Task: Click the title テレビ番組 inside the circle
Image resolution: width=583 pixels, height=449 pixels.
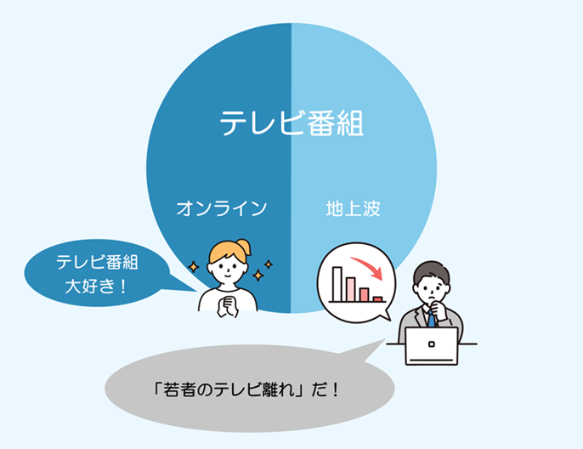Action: click(291, 122)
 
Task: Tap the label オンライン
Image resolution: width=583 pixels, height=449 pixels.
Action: click(222, 208)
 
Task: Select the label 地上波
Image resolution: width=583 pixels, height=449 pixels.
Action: click(354, 208)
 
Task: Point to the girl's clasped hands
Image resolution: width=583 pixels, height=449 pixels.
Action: click(227, 306)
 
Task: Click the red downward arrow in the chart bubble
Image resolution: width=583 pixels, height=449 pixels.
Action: click(368, 267)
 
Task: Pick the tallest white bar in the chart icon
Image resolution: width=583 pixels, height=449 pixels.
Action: click(337, 284)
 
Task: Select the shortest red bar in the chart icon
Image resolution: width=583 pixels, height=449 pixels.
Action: click(377, 299)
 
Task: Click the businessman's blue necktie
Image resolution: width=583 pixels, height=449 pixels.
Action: click(431, 319)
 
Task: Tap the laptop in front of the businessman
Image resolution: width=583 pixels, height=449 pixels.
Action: click(432, 346)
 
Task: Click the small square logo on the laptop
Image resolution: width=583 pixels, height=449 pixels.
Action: click(432, 344)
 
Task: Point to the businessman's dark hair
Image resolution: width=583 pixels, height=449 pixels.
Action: click(432, 271)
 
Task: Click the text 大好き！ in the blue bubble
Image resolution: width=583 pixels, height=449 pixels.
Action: click(97, 286)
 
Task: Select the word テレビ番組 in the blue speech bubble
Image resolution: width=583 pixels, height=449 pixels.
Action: click(97, 262)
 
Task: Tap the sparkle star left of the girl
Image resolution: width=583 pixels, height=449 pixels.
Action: click(194, 267)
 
